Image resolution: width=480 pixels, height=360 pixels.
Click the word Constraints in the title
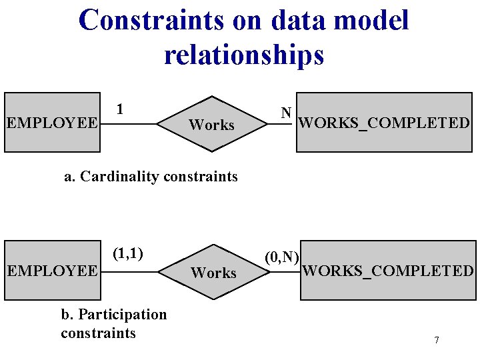click(151, 20)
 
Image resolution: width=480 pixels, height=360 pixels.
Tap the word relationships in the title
click(244, 55)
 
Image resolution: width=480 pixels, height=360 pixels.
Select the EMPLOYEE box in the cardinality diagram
click(51, 123)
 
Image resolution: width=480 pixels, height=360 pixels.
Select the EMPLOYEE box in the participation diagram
click(52, 271)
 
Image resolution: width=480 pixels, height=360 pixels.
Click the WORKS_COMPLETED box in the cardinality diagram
click(383, 123)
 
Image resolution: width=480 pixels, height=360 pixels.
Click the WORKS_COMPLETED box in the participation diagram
click(388, 271)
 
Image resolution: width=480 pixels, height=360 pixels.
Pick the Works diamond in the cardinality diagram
click(211, 125)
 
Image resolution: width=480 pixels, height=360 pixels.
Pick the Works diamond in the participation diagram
click(213, 273)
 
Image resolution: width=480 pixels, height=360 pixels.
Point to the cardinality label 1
click(119, 108)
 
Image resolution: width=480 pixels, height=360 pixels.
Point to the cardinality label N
click(286, 113)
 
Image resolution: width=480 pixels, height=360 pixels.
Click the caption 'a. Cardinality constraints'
click(151, 177)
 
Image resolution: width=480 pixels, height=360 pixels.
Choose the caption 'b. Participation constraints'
click(113, 323)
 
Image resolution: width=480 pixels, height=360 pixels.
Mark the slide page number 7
click(437, 341)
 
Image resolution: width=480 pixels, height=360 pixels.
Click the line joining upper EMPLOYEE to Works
click(127, 123)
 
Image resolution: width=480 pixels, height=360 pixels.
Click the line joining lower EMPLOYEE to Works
click(129, 271)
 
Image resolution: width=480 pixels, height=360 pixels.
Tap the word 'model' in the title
click(371, 20)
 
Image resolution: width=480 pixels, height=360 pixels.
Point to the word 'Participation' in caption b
click(123, 314)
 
